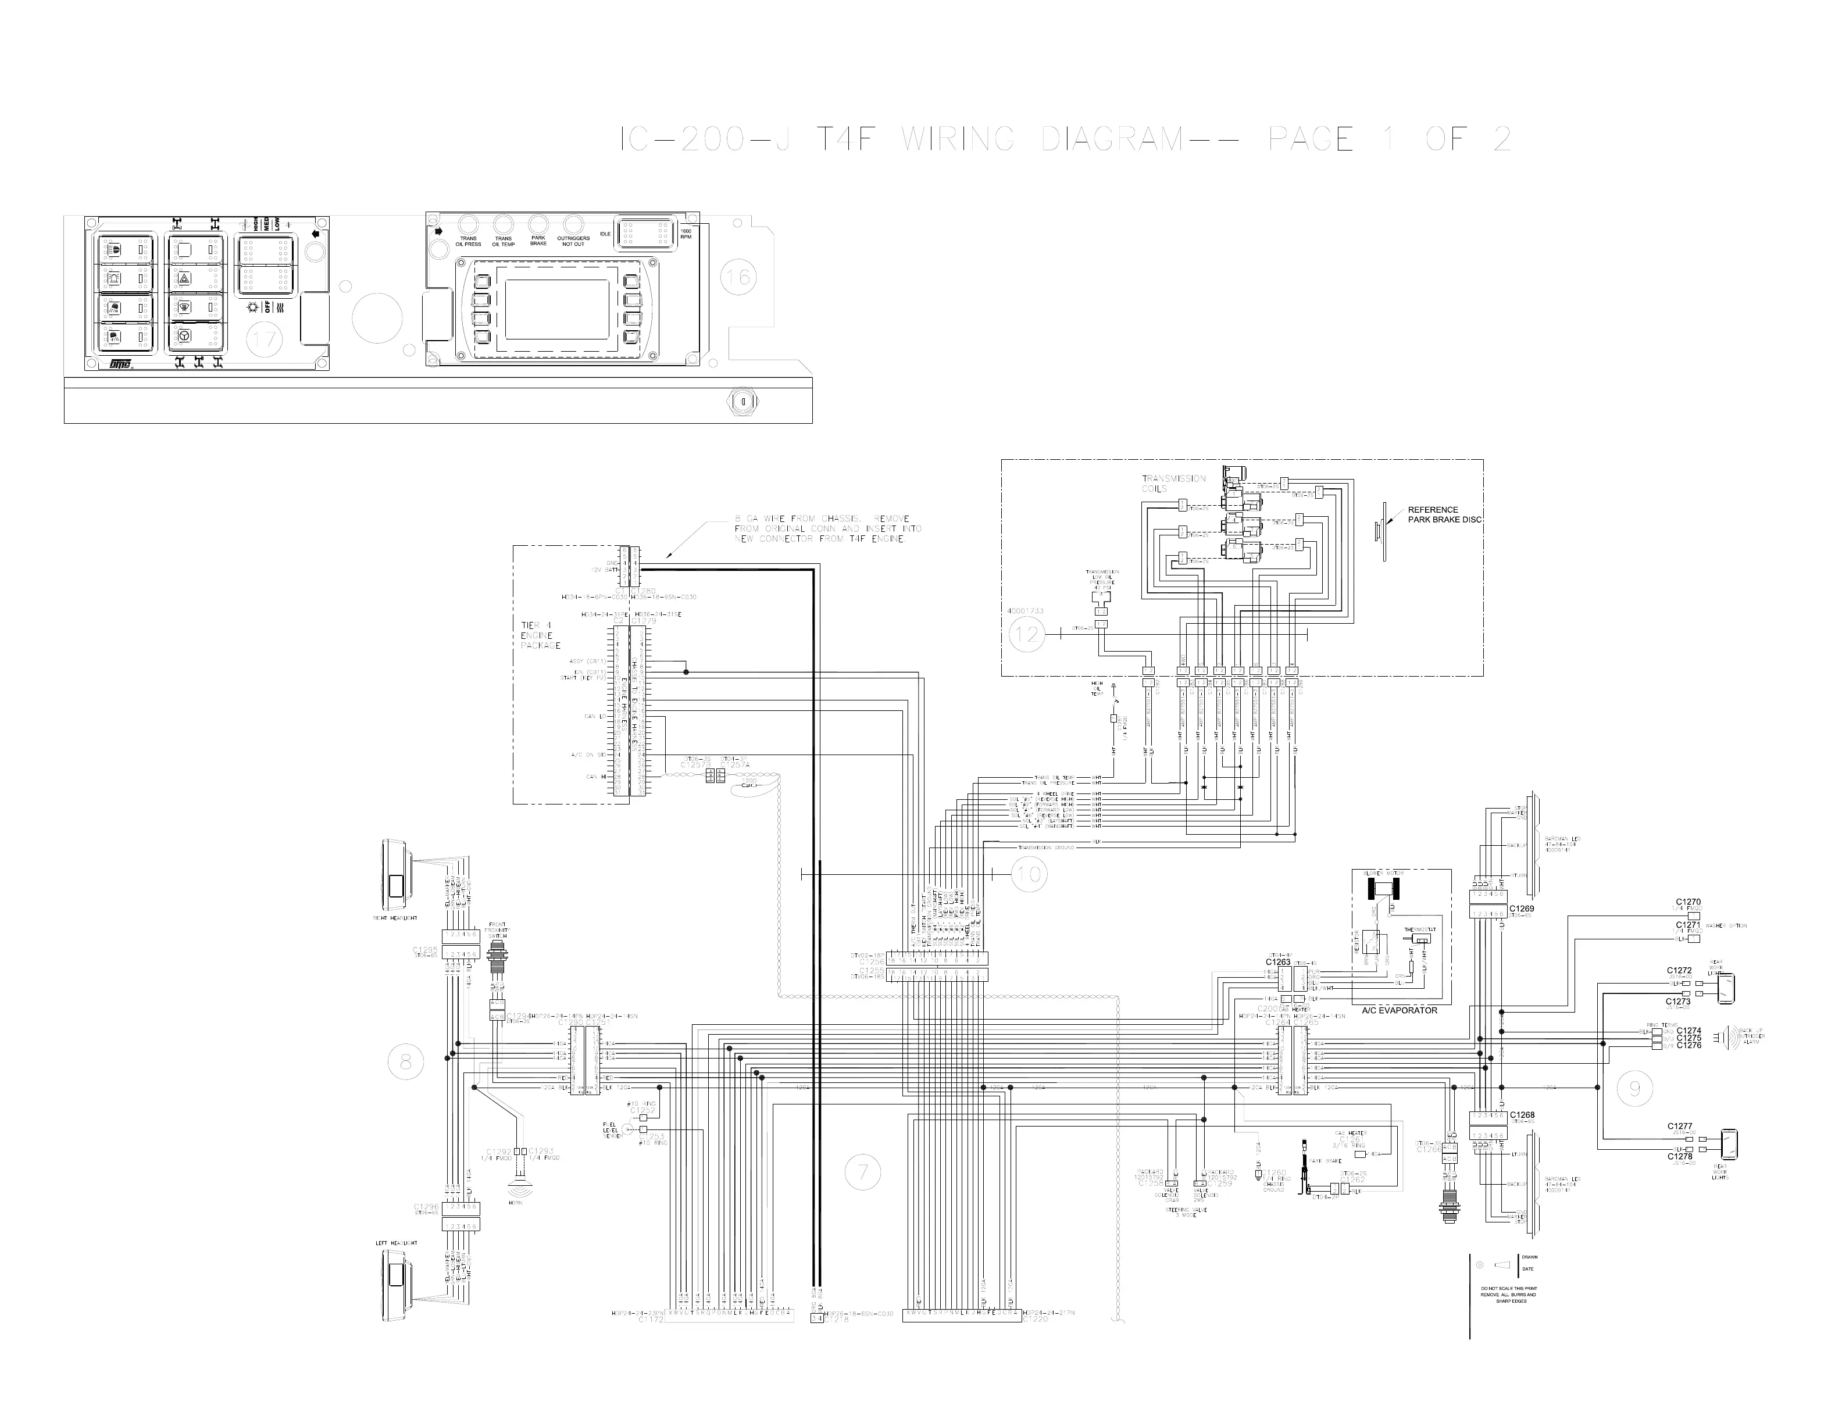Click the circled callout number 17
pyautogui.click(x=264, y=341)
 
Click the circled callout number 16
pyautogui.click(x=738, y=277)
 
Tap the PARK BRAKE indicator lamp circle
pyautogui.click(x=538, y=224)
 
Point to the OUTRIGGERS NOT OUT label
pyautogui.click(x=573, y=241)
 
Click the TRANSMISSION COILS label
pyautogui.click(x=1174, y=483)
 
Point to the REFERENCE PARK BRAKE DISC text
pyautogui.click(x=1443, y=514)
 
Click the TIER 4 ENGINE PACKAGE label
pyautogui.click(x=540, y=635)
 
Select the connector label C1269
pyautogui.click(x=1522, y=909)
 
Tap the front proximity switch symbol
pyautogui.click(x=498, y=961)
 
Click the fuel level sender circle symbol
pyautogui.click(x=629, y=1129)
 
